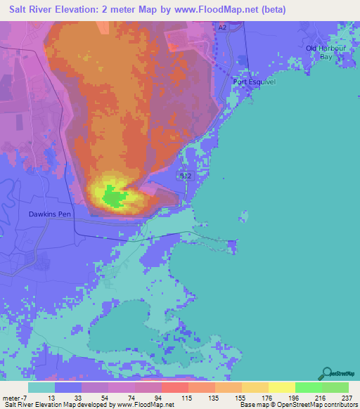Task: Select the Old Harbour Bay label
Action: point(325,51)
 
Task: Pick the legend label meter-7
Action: point(15,398)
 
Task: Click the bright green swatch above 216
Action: point(308,387)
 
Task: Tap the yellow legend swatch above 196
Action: point(281,387)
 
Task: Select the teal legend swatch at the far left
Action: point(41,387)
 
